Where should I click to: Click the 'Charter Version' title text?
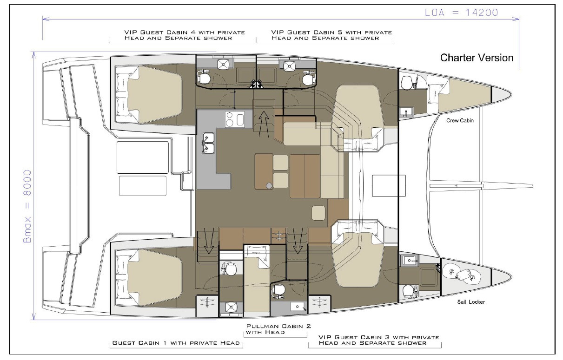tap(477, 58)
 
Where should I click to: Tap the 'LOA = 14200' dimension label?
tap(462, 13)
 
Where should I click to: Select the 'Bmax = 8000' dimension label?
tap(27, 206)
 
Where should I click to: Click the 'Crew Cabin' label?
tap(460, 120)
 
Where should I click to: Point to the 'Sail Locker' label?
tap(471, 302)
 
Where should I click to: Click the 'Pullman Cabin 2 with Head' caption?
tap(278, 329)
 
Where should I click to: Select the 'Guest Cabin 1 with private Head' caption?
tap(176, 343)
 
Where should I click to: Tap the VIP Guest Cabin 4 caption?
tap(185, 35)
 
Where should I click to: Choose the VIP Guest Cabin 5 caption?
tap(331, 35)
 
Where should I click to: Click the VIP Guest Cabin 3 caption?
tap(379, 340)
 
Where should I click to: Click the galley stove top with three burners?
tap(235, 119)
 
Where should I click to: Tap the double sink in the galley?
tap(208, 144)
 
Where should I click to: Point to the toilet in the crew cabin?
tap(406, 82)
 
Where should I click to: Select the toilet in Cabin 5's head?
tap(308, 79)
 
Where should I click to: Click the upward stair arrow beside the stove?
tap(264, 124)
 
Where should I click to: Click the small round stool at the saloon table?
tap(269, 185)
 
